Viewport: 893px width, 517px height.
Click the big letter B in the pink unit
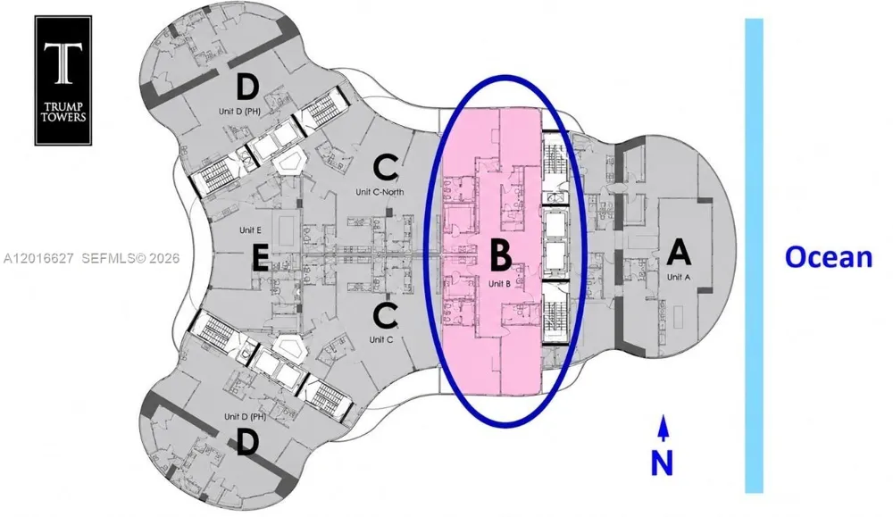coord(500,254)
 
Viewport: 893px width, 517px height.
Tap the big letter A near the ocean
coord(679,252)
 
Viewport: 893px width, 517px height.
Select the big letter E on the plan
coord(260,260)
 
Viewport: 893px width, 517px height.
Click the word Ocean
coord(829,257)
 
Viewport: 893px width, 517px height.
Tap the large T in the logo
coord(63,63)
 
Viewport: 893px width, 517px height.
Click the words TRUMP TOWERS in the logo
coord(63,113)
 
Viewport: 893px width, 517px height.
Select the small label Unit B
coord(499,284)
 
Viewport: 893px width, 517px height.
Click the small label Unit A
coord(679,277)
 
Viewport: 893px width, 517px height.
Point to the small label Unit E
coord(251,230)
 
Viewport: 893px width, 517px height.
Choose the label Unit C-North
coord(380,192)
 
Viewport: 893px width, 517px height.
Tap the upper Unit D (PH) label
coord(239,112)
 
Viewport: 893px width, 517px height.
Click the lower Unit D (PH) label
coord(246,416)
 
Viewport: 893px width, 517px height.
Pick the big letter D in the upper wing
coord(247,88)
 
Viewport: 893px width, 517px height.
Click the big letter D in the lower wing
coord(247,442)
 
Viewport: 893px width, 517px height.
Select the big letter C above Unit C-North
coord(386,167)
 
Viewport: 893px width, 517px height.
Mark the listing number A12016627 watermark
coord(38,259)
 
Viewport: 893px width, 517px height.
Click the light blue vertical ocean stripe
coord(754,255)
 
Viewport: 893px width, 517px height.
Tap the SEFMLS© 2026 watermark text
coord(130,259)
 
